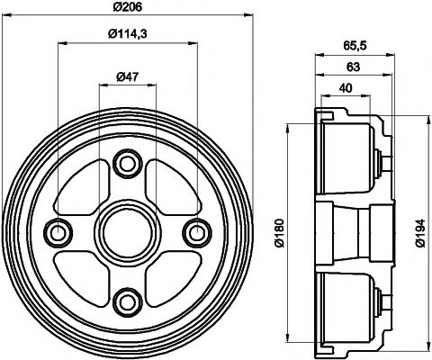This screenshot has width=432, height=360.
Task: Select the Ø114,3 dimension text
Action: (125, 35)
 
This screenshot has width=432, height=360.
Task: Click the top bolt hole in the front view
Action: (126, 163)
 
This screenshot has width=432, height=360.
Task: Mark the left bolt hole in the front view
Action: (59, 231)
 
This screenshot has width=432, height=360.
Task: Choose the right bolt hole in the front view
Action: (193, 231)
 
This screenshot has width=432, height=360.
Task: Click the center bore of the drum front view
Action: (126, 231)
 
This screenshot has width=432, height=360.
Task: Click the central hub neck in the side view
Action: (360, 231)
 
